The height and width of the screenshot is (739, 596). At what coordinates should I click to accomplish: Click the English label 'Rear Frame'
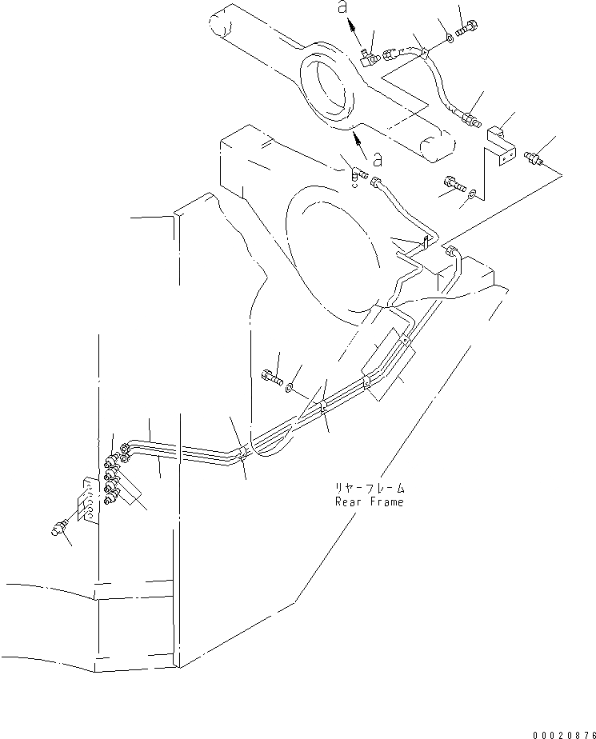pyautogui.click(x=369, y=501)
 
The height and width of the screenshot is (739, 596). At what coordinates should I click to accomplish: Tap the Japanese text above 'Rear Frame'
pyautogui.click(x=369, y=487)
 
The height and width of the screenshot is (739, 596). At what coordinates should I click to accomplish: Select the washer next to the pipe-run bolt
pyautogui.click(x=291, y=389)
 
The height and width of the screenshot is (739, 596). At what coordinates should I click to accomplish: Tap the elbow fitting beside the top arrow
pyautogui.click(x=368, y=56)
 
